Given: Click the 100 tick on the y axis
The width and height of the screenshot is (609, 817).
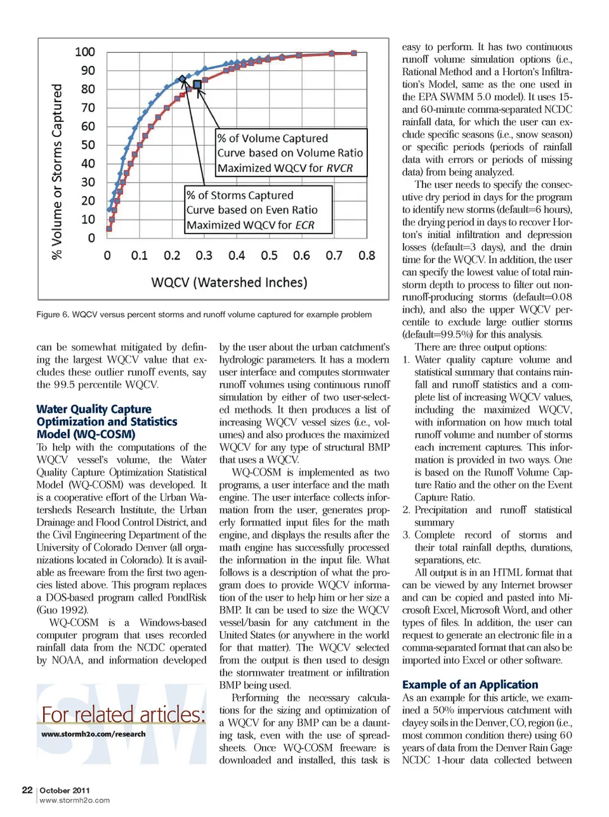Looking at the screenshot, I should coord(85,52).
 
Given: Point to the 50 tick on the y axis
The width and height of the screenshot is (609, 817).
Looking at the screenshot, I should coord(88,145).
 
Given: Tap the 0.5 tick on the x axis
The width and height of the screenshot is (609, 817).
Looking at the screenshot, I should coord(269,256).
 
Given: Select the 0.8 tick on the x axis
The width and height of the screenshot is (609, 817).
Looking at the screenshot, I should coord(367,256).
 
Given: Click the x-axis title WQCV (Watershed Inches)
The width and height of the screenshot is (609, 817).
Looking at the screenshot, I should coord(229,282).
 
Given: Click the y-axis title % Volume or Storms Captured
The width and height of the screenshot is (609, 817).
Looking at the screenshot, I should coord(57,172).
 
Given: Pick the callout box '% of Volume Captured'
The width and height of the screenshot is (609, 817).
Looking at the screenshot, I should coord(291,153).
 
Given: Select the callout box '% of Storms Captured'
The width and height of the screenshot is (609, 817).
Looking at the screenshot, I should coord(258,210).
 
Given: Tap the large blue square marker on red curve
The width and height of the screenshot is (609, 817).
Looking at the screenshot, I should coord(197,84).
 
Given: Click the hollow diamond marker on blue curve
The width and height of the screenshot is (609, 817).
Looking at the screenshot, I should coord(183,79).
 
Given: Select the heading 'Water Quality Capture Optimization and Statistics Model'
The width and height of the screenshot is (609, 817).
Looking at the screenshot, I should coord(107,422).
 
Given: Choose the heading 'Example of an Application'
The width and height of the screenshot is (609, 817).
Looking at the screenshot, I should coord(470,684).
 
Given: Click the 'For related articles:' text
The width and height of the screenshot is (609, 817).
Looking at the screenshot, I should coord(124,715).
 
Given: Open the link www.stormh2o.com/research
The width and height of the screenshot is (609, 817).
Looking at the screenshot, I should coord(93,734).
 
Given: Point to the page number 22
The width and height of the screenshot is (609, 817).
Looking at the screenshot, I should coord(27,790).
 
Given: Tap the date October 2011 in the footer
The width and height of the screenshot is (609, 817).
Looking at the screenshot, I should coord(65,790).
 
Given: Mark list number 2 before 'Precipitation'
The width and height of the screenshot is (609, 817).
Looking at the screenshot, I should coord(406,510).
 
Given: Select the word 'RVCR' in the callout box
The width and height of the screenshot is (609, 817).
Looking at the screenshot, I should coord(339,168).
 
